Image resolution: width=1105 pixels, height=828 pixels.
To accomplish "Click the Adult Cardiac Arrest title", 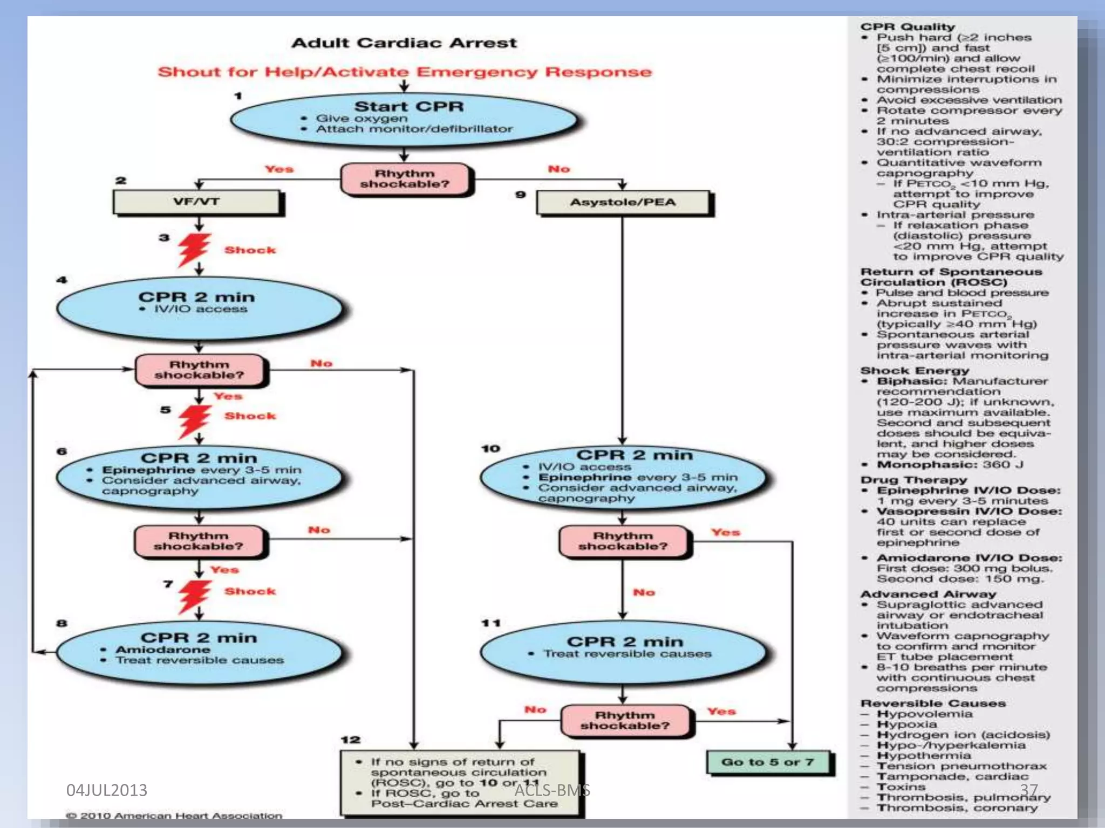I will click(404, 43).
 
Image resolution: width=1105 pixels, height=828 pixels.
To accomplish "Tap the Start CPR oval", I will click(405, 120).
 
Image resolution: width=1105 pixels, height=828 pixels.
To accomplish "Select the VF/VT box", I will click(197, 202).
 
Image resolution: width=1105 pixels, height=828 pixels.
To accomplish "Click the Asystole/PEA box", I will click(623, 203).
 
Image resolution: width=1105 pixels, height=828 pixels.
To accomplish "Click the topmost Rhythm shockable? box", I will click(405, 179).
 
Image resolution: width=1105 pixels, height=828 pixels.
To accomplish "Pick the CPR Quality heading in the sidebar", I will click(908, 27).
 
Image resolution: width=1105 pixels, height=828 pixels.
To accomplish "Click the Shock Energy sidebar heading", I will click(915, 371).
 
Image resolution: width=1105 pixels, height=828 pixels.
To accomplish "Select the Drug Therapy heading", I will click(913, 480).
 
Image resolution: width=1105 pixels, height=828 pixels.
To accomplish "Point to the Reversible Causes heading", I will click(933, 703).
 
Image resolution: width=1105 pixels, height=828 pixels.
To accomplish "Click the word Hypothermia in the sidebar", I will click(924, 756).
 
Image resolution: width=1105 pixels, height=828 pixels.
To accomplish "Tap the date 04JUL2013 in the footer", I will click(106, 790).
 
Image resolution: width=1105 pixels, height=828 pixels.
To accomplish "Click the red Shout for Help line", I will click(404, 72).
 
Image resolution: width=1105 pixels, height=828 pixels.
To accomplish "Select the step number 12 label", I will click(350, 740).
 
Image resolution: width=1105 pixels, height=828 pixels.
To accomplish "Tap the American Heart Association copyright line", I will click(174, 816).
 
